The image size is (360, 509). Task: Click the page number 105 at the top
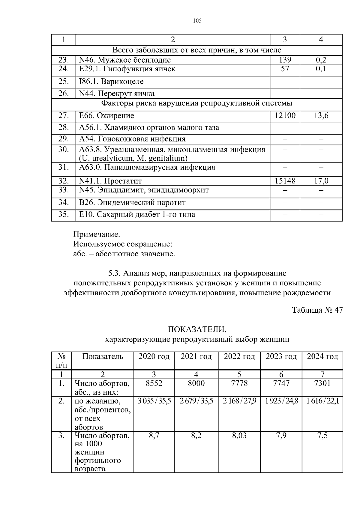click(x=197, y=21)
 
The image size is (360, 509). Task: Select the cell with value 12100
click(x=285, y=115)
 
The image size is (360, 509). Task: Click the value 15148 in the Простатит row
click(x=285, y=181)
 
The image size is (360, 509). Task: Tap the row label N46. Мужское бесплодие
click(x=125, y=60)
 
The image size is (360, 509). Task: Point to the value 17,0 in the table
click(x=321, y=181)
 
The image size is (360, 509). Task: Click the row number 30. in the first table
click(x=64, y=149)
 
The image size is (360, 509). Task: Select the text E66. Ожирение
click(x=106, y=115)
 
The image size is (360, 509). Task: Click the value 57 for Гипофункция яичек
click(x=285, y=69)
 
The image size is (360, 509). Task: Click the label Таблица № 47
click(x=317, y=310)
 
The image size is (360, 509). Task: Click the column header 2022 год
click(x=239, y=356)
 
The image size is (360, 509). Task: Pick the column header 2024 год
click(x=322, y=356)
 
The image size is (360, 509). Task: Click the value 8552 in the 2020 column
click(x=154, y=383)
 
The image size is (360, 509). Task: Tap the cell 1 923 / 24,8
click(x=281, y=401)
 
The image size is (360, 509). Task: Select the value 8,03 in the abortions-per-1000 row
click(x=239, y=435)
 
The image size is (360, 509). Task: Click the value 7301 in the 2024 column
click(x=322, y=383)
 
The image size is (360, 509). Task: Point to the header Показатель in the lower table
click(x=103, y=356)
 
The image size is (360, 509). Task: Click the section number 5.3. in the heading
click(x=114, y=273)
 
